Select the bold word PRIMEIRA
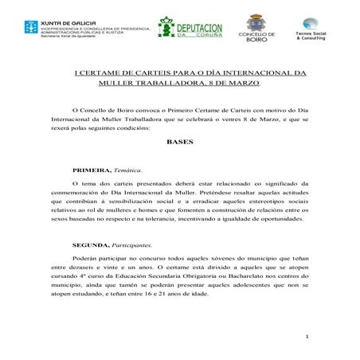click(89, 171)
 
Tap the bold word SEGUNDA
click(88, 245)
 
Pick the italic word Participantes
click(131, 245)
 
